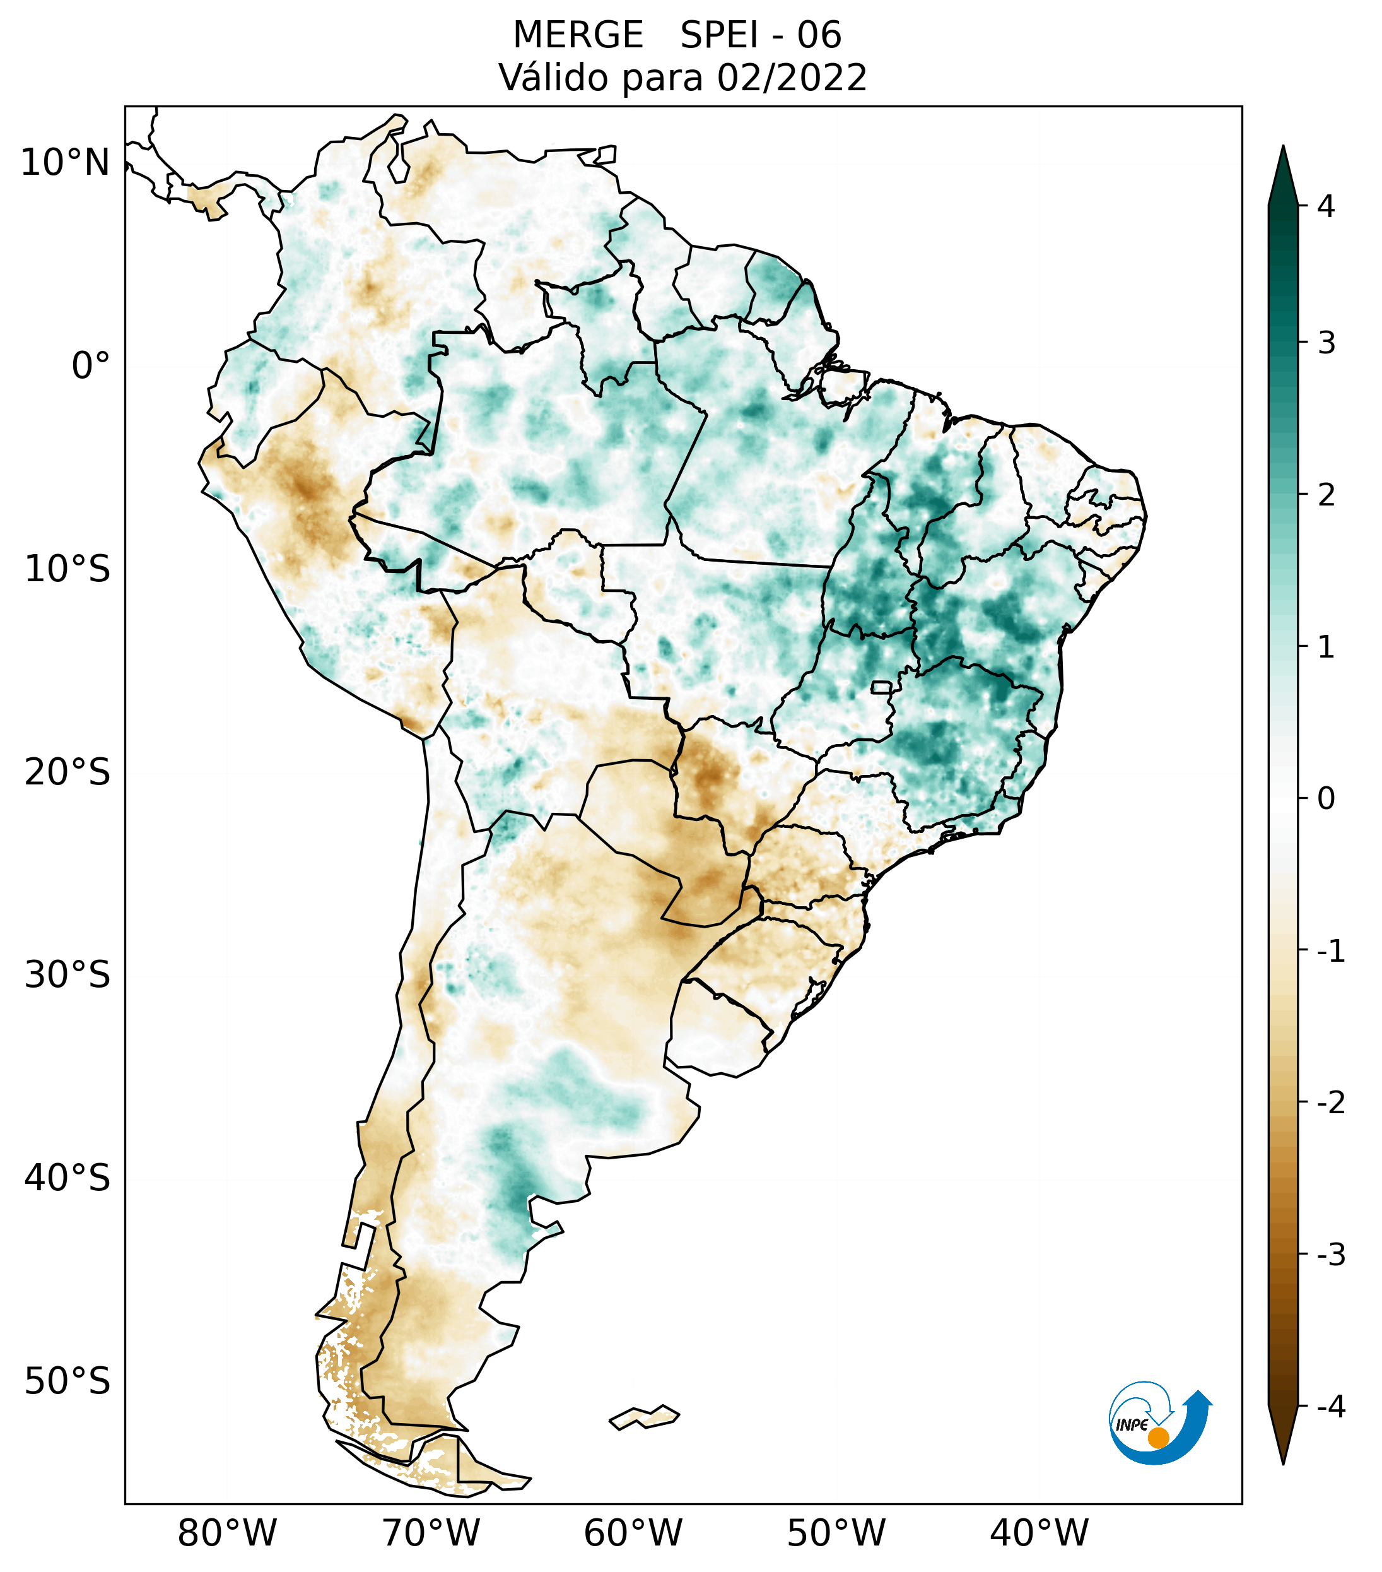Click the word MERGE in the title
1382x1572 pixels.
coord(577,35)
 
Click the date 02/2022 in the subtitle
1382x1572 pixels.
coord(792,78)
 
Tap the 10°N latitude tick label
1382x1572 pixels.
coord(66,163)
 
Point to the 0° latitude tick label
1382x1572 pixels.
coord(91,366)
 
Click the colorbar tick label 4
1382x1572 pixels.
coord(1326,206)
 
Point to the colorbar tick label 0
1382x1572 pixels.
coord(1326,799)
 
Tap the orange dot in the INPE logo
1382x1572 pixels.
coord(1157,1438)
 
